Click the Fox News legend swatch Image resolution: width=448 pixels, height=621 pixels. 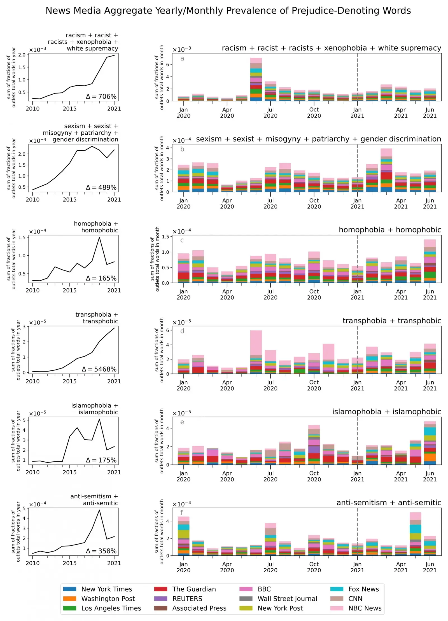tap(337, 589)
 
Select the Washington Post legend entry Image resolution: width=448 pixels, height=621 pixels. tap(108, 598)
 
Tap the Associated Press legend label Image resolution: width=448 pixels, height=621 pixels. tap(199, 608)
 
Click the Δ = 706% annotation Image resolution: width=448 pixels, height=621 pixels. tap(101, 96)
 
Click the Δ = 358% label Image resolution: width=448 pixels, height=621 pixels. tap(101, 551)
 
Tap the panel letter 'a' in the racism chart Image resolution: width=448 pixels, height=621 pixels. tap(182, 58)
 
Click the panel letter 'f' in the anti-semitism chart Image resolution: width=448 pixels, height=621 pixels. tap(181, 513)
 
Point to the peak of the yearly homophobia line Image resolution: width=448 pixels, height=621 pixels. tap(99, 237)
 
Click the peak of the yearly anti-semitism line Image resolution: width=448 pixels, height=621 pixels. tap(99, 510)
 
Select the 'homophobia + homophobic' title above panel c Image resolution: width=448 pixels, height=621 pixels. tap(389, 230)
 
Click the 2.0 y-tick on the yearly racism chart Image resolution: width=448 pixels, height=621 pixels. tap(22, 55)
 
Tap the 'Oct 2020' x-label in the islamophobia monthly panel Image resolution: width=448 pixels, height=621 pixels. tap(314, 476)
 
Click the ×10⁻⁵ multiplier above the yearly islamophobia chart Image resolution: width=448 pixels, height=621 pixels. tap(38, 413)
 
